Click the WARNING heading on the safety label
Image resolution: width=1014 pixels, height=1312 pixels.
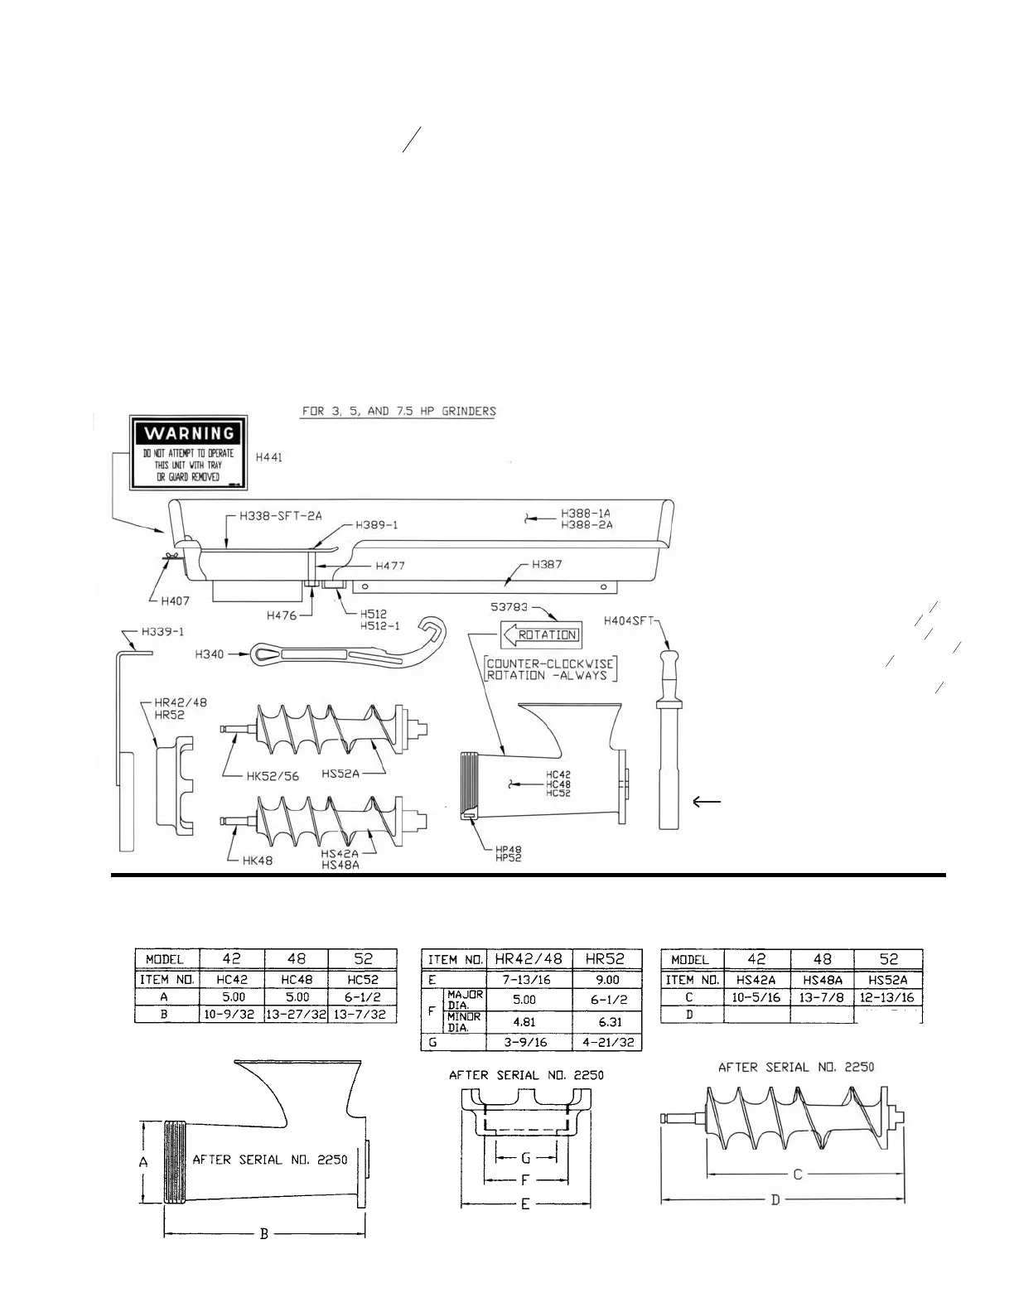(190, 432)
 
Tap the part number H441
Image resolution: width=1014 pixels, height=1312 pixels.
(269, 456)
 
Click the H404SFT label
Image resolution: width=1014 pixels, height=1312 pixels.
(630, 620)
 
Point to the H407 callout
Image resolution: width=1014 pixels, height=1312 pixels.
(176, 601)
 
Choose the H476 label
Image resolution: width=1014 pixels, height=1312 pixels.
(283, 615)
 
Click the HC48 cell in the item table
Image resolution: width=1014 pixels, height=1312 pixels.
(297, 979)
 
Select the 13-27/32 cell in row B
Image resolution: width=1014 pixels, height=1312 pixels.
(297, 1014)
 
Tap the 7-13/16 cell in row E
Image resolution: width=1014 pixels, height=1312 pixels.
(528, 979)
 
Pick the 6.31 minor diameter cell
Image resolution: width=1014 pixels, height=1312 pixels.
(607, 1022)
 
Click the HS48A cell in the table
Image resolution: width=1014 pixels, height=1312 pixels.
(823, 979)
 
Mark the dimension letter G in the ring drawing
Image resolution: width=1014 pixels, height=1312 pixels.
(525, 1158)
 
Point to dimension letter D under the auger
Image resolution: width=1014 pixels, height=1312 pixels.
(775, 1200)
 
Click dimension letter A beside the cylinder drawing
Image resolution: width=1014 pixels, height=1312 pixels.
(142, 1163)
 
